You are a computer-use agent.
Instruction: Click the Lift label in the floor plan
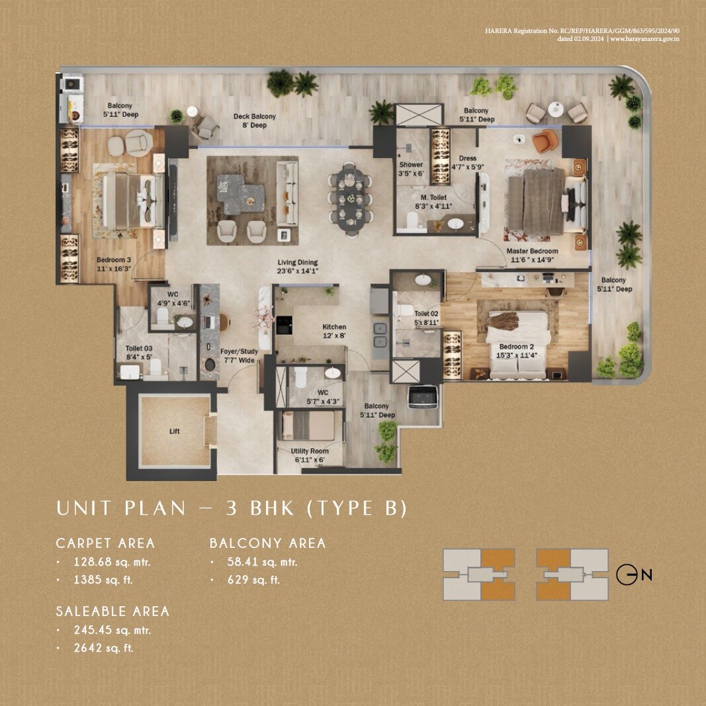tap(174, 431)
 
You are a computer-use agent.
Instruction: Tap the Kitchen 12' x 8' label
tap(333, 331)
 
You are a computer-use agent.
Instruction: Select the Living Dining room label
tap(297, 266)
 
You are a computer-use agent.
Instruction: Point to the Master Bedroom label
tap(532, 255)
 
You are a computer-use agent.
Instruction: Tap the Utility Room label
tap(310, 455)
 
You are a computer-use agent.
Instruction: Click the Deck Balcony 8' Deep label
tap(254, 121)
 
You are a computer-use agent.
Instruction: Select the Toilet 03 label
tap(139, 353)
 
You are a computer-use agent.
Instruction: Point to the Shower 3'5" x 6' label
tap(411, 169)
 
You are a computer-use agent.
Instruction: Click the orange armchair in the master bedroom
tap(545, 142)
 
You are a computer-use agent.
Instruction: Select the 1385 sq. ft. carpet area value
tap(107, 580)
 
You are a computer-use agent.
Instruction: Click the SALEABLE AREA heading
tap(112, 611)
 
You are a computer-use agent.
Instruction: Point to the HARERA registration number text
tap(582, 30)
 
